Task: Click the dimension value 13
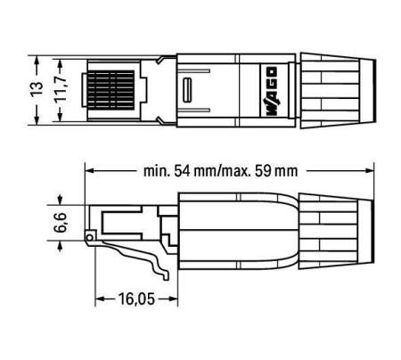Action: (x=37, y=90)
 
